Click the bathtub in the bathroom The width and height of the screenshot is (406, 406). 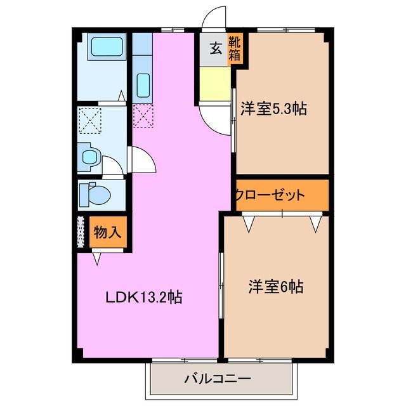106,48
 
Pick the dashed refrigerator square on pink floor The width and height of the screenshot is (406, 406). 143,115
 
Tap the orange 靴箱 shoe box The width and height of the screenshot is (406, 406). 235,49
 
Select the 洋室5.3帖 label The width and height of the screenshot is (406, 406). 273,108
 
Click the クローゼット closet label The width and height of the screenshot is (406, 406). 270,195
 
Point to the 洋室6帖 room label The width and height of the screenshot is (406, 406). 275,287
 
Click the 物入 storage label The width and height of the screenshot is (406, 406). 107,232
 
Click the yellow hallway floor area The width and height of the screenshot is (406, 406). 214,84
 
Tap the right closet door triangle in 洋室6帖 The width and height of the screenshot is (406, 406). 316,223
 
